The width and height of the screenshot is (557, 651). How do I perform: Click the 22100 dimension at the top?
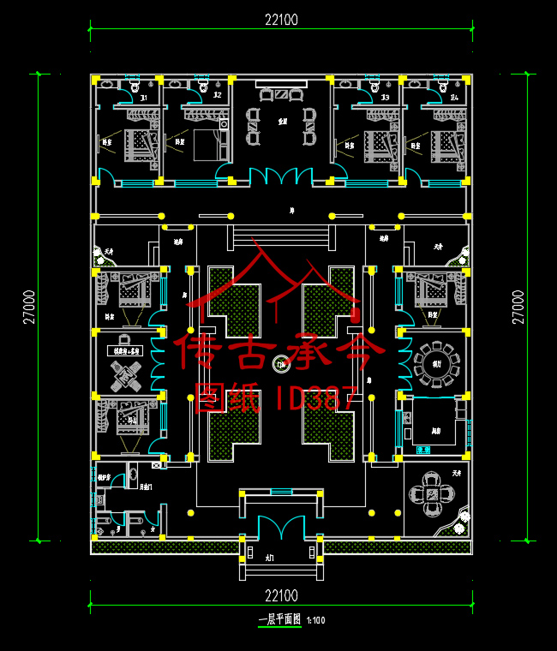coord(281,20)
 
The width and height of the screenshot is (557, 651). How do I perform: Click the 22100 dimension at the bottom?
coord(281,595)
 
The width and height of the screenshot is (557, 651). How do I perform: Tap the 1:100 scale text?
coord(316,620)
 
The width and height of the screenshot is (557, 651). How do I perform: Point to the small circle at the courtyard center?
coord(279,366)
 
